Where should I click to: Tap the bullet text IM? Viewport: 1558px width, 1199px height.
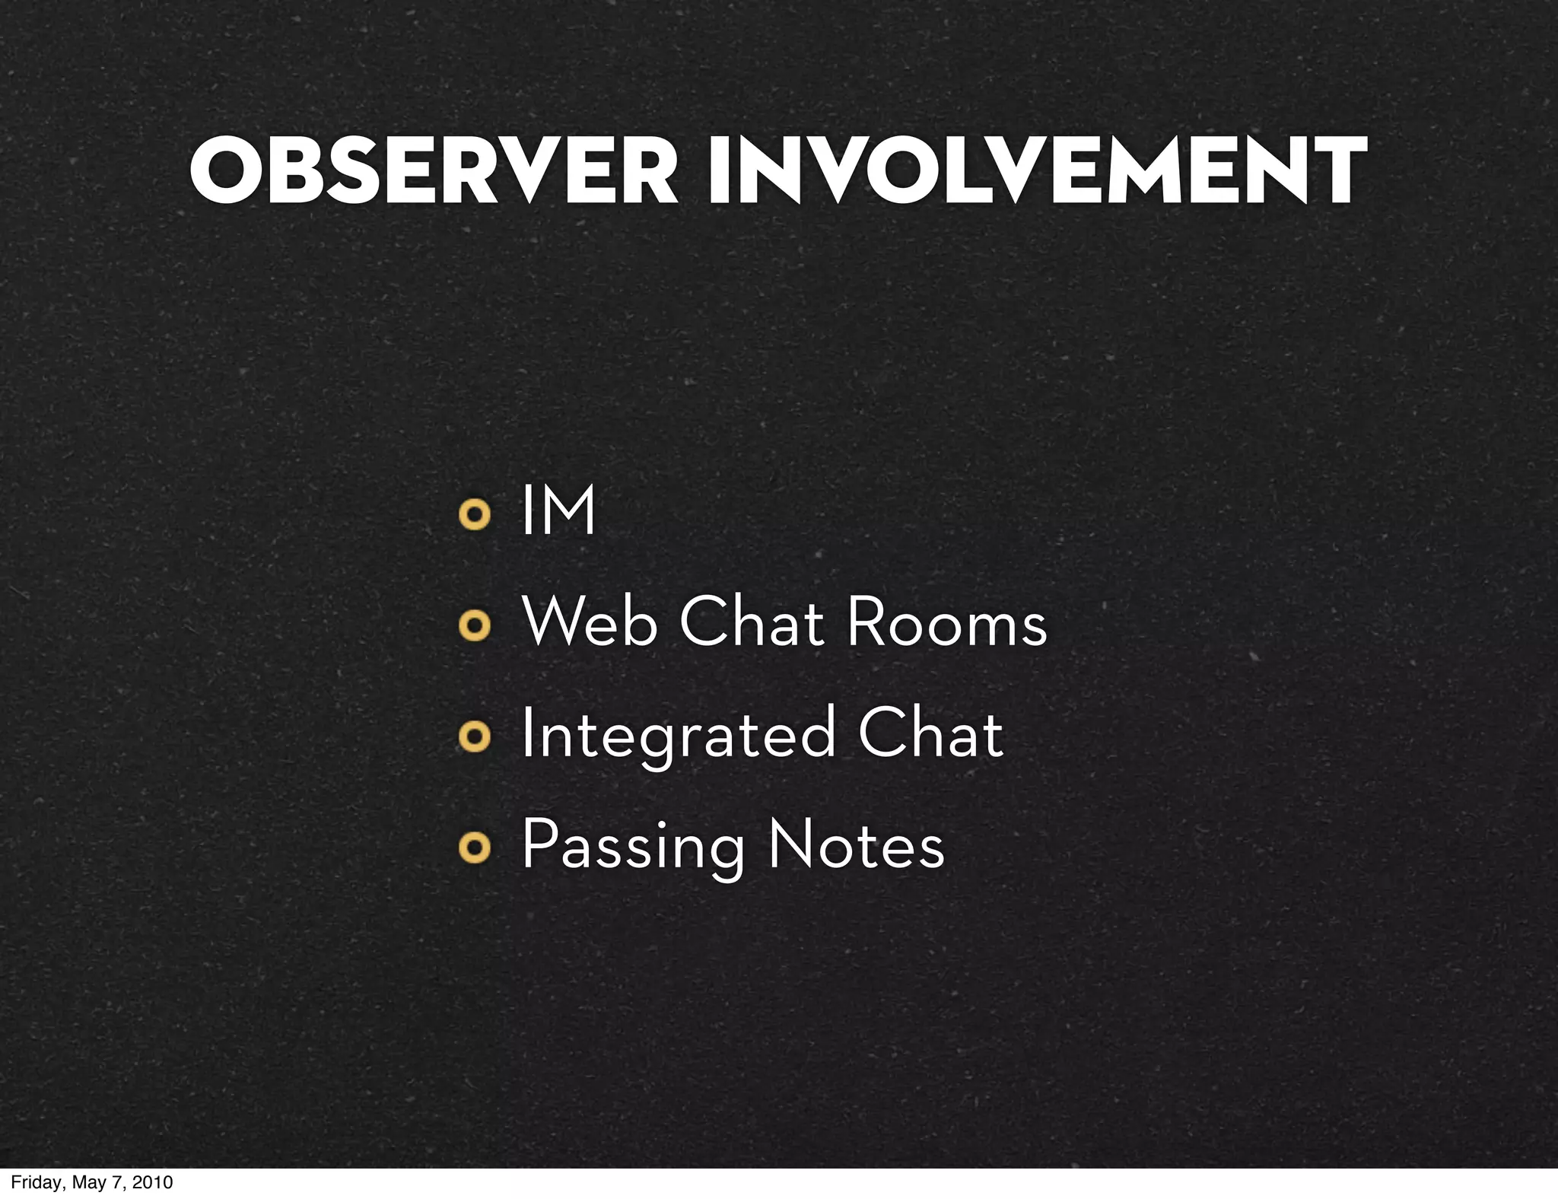(558, 511)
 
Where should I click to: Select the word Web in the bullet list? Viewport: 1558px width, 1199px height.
(590, 623)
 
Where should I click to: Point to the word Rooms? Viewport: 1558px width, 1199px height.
(946, 623)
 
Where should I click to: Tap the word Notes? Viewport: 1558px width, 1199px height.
(857, 845)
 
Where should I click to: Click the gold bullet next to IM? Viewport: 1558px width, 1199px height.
(474, 516)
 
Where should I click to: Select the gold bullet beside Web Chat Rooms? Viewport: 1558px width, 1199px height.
(474, 627)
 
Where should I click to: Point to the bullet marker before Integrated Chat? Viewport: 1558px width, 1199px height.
(474, 737)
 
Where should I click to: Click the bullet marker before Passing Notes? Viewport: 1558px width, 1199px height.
(474, 849)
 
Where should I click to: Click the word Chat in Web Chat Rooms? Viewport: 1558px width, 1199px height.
(752, 623)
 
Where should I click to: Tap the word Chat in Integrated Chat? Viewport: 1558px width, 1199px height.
(930, 733)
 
